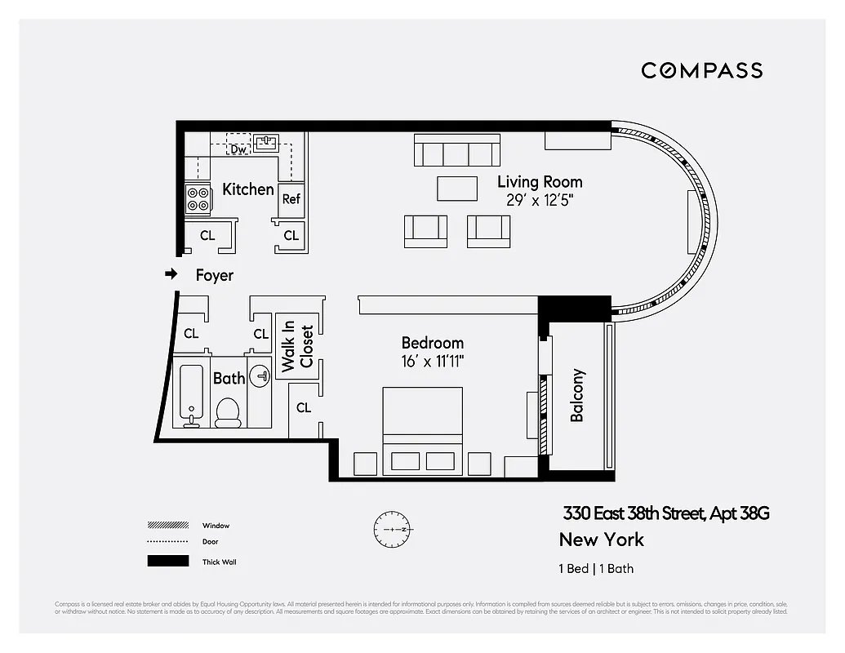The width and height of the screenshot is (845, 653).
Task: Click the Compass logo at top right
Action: (701, 70)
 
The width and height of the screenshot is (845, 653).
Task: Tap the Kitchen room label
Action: (247, 189)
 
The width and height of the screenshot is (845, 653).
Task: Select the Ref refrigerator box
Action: (291, 198)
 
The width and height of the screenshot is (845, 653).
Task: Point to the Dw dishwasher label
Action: (238, 149)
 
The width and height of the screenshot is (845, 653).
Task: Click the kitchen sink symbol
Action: (266, 144)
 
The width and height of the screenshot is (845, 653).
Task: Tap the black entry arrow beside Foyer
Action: (171, 274)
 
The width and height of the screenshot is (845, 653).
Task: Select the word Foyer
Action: (214, 276)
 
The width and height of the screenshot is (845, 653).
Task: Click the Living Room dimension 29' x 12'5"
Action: (540, 200)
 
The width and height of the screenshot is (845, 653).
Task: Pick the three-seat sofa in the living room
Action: (456, 152)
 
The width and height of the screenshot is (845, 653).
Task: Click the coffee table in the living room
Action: (456, 188)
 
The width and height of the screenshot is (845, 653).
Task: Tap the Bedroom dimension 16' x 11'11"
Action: (432, 361)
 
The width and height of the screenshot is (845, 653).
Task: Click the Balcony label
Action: (577, 396)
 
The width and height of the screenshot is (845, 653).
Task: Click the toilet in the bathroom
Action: (228, 412)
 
